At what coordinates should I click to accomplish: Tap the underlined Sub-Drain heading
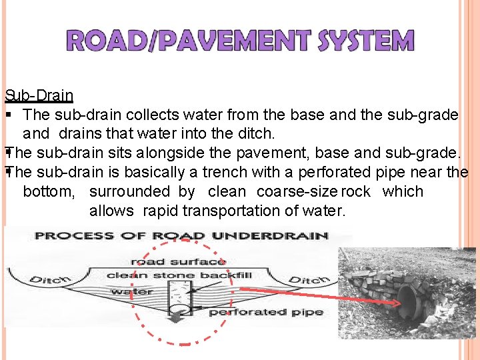(39, 95)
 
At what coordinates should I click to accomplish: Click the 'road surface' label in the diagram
(179, 261)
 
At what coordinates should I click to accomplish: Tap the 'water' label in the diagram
(131, 291)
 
